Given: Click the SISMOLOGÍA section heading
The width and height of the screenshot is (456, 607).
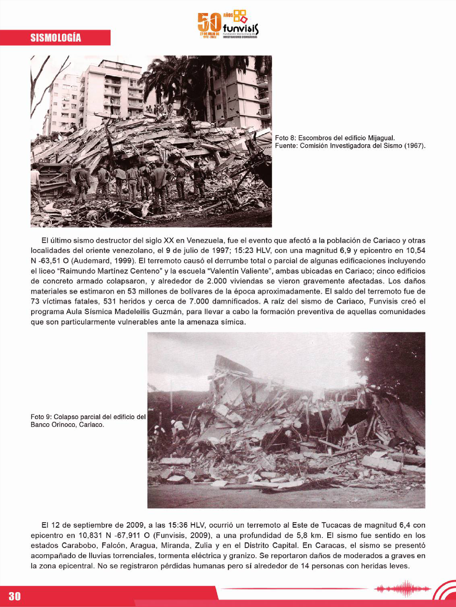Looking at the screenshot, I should (x=56, y=38).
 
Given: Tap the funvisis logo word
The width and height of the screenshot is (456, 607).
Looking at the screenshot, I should (x=241, y=28).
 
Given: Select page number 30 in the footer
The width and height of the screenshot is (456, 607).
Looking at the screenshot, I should (x=15, y=596).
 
